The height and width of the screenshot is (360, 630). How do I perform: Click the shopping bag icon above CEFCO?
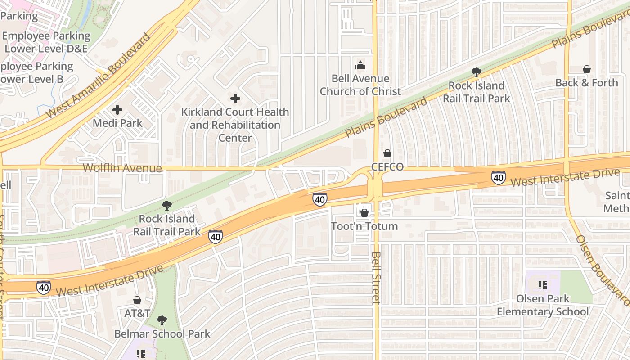click(x=387, y=153)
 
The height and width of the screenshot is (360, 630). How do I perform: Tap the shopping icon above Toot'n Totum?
click(x=364, y=212)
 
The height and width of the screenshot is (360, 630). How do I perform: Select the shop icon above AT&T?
click(x=137, y=300)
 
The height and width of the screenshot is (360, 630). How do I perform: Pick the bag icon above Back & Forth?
click(x=586, y=69)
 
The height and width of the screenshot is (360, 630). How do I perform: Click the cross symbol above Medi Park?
click(x=117, y=109)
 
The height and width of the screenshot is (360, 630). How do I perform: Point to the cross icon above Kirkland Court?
click(x=235, y=98)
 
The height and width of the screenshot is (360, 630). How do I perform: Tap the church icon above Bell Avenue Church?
click(x=360, y=66)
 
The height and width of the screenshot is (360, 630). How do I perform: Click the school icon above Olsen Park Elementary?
click(x=543, y=285)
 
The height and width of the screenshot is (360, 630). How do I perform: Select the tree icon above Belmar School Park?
click(x=162, y=320)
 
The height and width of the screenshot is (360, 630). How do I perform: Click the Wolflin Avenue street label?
click(x=122, y=168)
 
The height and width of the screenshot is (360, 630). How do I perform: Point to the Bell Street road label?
click(x=377, y=277)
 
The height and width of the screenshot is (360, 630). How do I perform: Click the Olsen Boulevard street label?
click(x=602, y=270)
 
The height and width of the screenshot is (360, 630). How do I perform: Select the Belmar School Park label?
click(x=162, y=334)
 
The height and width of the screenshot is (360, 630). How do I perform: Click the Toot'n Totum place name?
click(x=364, y=226)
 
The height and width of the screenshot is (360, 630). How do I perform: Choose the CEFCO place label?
click(x=387, y=167)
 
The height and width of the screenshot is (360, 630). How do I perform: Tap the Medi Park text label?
click(x=117, y=123)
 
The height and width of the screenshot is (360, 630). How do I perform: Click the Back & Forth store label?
click(x=586, y=83)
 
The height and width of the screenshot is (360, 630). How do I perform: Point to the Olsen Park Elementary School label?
click(x=543, y=305)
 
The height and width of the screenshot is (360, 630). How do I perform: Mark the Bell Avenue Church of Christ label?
click(x=360, y=85)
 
